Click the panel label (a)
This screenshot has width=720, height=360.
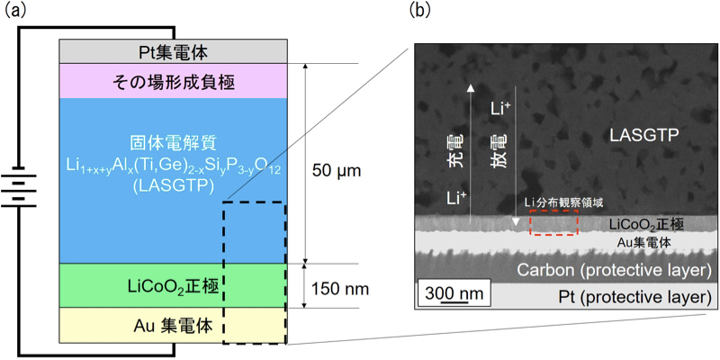pos(16,12)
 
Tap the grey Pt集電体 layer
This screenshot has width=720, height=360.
pos(172,52)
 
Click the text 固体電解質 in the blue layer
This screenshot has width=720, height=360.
pos(171,143)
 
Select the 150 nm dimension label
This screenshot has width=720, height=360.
pos(341,290)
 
